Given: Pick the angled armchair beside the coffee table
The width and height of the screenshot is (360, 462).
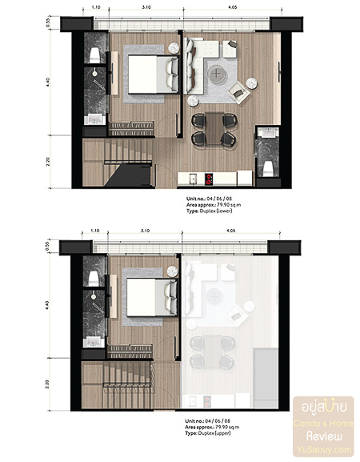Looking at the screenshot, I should coord(238,92).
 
